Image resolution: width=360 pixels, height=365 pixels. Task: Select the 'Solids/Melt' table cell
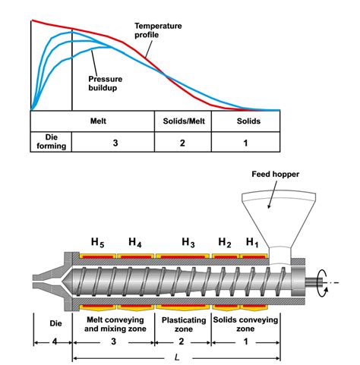tap(182, 121)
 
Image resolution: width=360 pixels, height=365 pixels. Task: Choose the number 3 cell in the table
tap(114, 142)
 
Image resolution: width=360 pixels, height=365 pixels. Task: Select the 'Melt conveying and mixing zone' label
tap(114, 325)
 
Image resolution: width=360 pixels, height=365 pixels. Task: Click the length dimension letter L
tap(177, 355)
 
